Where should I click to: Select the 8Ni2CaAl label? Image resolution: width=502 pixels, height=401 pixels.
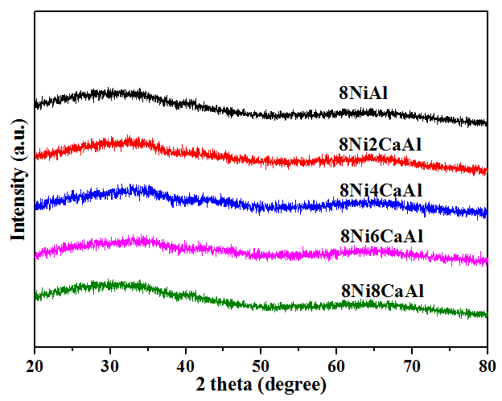click(381, 144)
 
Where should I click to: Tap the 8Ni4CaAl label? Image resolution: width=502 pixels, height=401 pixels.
click(381, 191)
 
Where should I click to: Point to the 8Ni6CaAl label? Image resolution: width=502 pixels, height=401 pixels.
click(381, 236)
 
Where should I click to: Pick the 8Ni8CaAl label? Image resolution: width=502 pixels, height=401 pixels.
click(381, 291)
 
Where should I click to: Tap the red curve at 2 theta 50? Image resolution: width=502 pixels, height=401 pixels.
click(261, 160)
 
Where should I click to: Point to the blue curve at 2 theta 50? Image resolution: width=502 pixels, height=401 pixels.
click(261, 206)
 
